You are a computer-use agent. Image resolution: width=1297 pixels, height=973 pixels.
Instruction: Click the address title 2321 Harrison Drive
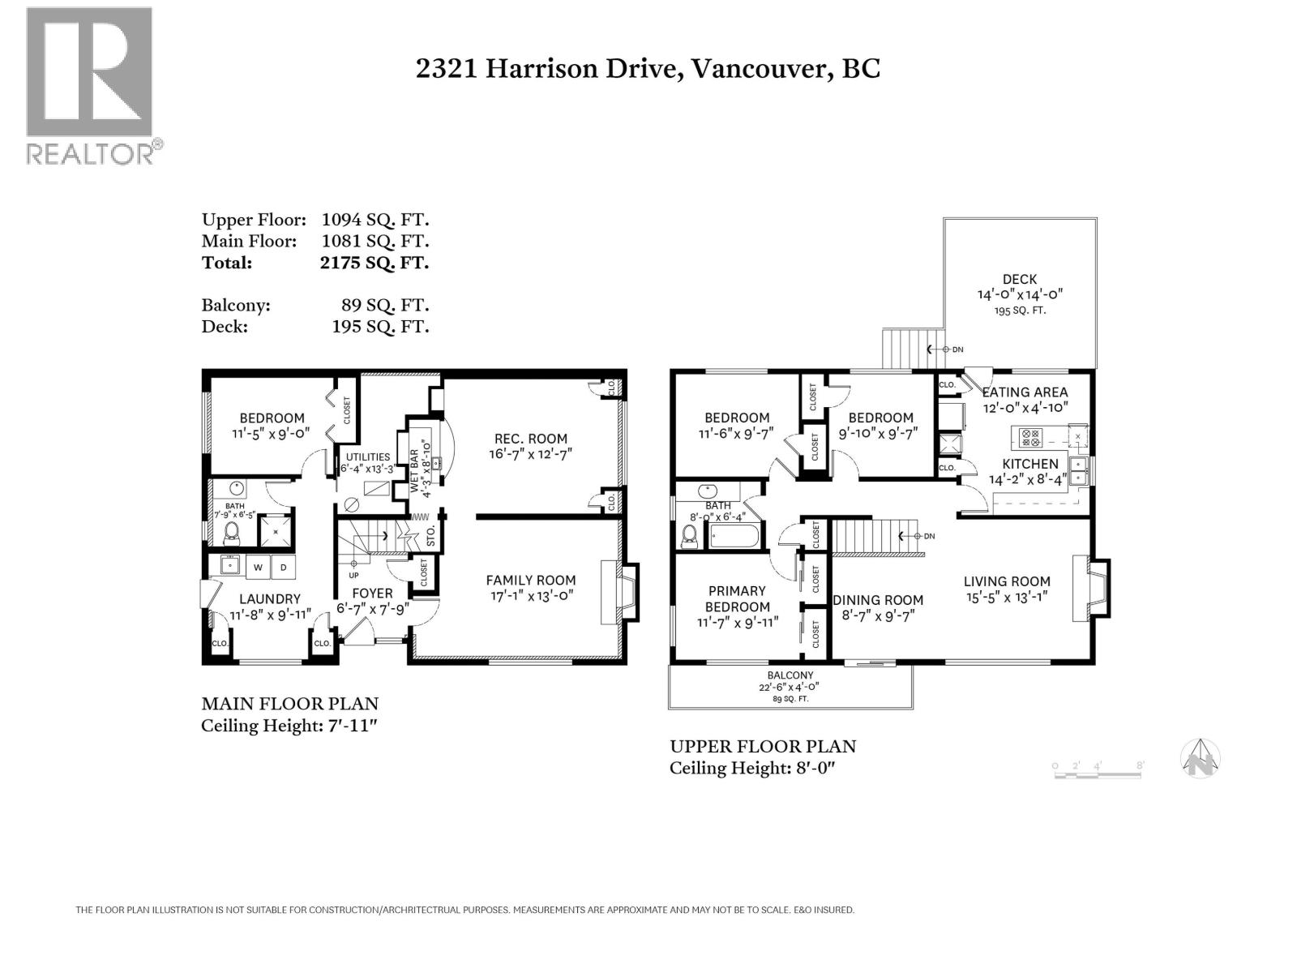(546, 69)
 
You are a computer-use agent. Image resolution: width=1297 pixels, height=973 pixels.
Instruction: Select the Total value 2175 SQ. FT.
(374, 262)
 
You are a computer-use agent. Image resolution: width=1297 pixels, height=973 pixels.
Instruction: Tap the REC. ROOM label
(531, 439)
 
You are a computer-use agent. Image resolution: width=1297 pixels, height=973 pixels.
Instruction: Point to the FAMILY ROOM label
(531, 581)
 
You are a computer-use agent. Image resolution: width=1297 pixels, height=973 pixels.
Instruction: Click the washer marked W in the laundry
(259, 567)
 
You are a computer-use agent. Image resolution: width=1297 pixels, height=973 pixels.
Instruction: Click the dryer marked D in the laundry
(284, 567)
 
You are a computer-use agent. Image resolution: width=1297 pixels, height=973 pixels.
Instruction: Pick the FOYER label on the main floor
(372, 594)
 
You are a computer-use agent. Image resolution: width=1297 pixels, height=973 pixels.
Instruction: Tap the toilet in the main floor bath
(231, 534)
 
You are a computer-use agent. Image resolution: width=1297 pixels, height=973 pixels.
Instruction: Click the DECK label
(1019, 280)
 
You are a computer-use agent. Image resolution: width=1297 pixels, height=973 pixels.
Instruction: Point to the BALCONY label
(790, 675)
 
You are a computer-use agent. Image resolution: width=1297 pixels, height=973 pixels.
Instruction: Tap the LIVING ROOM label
(1007, 581)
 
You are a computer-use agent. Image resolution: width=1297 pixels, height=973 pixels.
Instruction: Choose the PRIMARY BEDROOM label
(737, 599)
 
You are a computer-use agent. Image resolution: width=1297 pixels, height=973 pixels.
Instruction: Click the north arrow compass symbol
(1200, 758)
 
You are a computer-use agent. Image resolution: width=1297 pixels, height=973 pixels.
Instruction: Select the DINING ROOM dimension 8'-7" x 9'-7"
(878, 616)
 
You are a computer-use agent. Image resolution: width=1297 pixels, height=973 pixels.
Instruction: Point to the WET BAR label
(413, 471)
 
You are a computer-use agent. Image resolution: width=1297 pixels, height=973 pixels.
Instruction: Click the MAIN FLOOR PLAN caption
(289, 704)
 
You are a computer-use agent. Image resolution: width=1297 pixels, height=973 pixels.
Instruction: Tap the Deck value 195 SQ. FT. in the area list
(380, 327)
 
